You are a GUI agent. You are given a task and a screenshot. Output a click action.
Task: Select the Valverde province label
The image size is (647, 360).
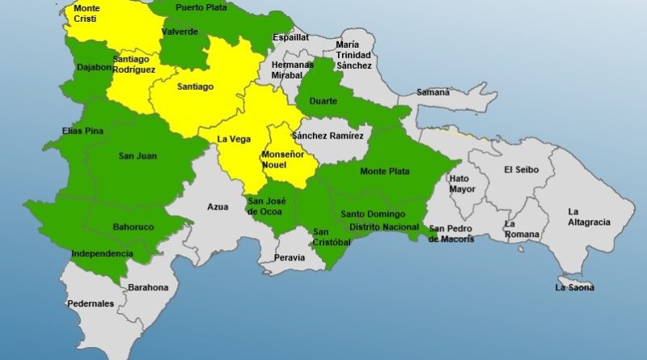click(x=180, y=32)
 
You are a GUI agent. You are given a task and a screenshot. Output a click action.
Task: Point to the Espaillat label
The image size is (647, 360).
click(x=290, y=37)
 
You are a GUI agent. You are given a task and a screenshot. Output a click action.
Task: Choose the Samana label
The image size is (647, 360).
click(x=433, y=92)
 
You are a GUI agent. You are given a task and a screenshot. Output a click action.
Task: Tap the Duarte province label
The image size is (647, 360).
click(x=322, y=101)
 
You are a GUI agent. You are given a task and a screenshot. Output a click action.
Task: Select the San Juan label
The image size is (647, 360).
click(x=137, y=156)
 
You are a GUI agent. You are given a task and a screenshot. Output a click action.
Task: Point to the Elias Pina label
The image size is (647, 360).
click(x=81, y=130)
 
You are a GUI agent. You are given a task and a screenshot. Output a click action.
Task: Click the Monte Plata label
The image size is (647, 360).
click(x=384, y=171)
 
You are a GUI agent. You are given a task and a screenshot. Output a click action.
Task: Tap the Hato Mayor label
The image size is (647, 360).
click(x=459, y=184)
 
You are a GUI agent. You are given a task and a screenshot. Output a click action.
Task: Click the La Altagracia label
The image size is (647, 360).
click(x=589, y=217)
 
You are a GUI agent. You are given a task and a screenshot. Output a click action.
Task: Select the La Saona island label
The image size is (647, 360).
click(x=574, y=287)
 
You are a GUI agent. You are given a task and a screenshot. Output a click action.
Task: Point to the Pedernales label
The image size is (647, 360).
click(x=91, y=304)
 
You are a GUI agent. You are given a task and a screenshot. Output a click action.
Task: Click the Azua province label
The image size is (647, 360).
click(x=218, y=207)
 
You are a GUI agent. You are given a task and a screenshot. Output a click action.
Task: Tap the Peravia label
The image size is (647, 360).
click(x=290, y=257)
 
